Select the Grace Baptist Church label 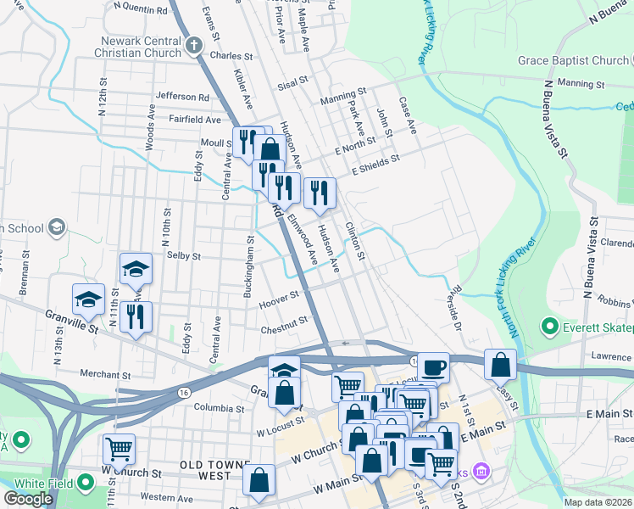(x=575, y=61)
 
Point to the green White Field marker (x=86, y=483)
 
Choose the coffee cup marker (x=433, y=367)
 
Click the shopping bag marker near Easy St (x=501, y=364)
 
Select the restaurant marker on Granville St (x=136, y=317)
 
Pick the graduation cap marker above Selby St (x=136, y=269)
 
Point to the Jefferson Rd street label (x=182, y=98)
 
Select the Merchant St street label (x=105, y=374)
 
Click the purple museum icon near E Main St (x=480, y=470)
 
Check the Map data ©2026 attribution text (x=598, y=502)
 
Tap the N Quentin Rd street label (x=140, y=10)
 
